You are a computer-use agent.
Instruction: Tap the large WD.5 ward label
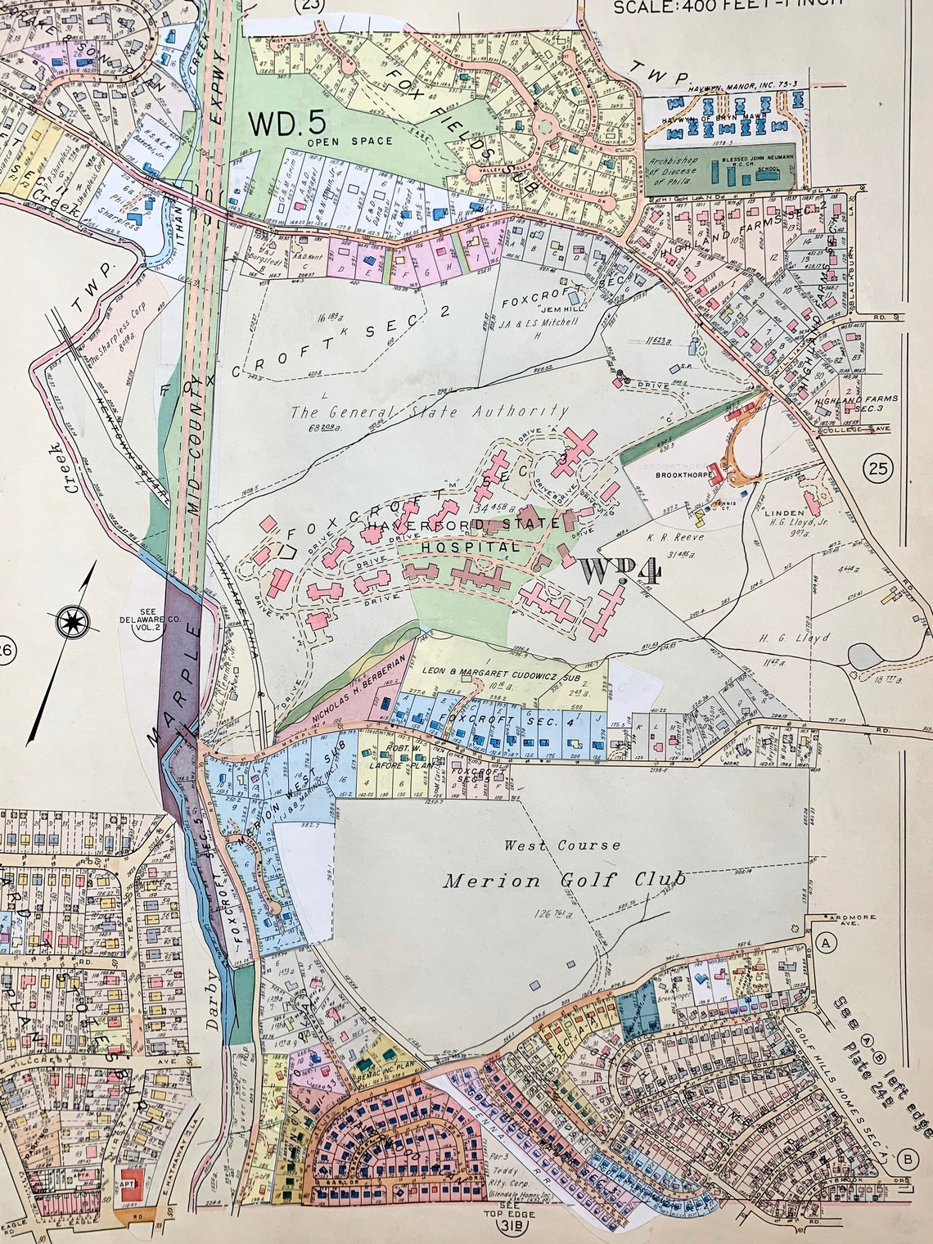pos(287,123)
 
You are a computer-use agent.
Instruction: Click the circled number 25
pos(879,469)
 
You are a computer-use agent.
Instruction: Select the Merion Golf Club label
pos(564,880)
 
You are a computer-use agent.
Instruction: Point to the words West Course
pos(561,845)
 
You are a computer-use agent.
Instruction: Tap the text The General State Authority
pos(429,412)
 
